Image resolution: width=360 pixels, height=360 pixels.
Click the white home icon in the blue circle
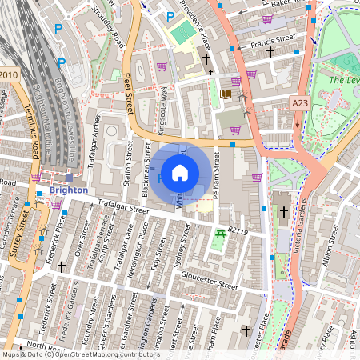tap(180, 172)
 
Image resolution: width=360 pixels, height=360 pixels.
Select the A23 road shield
tap(300, 103)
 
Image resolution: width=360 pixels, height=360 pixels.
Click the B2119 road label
tap(239, 230)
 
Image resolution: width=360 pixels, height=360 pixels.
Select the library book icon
tap(225, 94)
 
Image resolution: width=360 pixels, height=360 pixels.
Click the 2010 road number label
tap(8, 75)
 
